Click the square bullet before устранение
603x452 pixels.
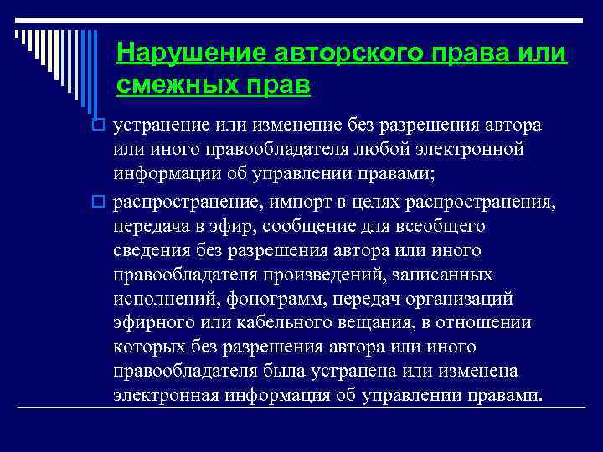97,126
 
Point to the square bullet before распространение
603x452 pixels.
97,203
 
